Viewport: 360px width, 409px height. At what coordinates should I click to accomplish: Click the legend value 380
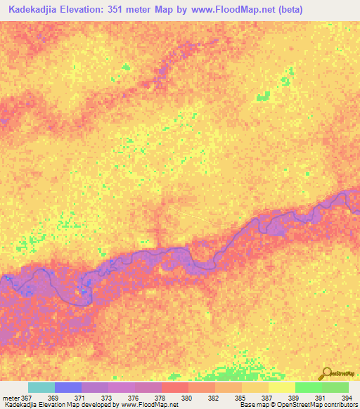(186, 398)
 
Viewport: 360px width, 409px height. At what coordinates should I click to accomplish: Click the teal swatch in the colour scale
(41, 387)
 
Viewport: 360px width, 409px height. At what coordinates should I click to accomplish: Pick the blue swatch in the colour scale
(67, 387)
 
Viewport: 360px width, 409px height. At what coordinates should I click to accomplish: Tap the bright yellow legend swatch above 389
(281, 387)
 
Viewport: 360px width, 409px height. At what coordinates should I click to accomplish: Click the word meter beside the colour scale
(11, 398)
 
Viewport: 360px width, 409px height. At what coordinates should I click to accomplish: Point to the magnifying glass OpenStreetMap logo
(326, 374)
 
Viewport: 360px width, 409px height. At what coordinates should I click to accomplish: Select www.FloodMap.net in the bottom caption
(148, 405)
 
